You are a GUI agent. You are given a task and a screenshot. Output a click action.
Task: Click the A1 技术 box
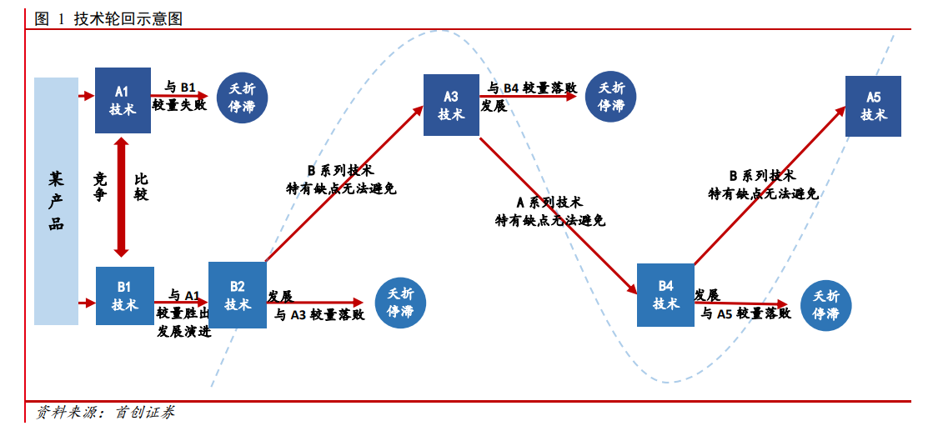[x=123, y=100]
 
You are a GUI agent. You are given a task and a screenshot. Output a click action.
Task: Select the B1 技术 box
[x=125, y=296]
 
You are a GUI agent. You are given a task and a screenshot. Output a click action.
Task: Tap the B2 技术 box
[x=238, y=295]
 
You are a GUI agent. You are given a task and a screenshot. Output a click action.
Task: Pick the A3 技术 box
[x=451, y=105]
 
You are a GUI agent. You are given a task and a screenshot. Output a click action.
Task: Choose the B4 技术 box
[x=665, y=295]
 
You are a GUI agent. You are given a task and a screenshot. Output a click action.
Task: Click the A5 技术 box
[x=874, y=106]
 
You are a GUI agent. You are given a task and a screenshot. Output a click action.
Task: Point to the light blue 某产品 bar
[x=56, y=201]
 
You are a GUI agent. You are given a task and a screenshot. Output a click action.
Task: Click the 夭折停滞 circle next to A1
[x=243, y=98]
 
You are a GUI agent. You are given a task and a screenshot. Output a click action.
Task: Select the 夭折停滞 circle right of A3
[x=611, y=97]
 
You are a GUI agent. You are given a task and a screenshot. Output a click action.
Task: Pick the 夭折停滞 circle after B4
[x=825, y=305]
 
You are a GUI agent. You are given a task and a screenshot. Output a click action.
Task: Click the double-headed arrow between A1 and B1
[x=122, y=197]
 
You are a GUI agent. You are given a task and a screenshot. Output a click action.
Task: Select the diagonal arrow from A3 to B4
[x=558, y=216]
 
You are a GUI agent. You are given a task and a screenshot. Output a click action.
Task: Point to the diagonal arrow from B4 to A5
[x=770, y=184]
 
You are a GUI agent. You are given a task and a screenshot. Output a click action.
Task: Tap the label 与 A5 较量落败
[x=746, y=313]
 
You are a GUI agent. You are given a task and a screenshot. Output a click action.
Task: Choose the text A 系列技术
[x=549, y=202]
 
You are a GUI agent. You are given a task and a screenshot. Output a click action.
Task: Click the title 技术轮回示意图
[x=128, y=18]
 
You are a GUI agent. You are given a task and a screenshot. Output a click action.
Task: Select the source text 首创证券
[x=144, y=412]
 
